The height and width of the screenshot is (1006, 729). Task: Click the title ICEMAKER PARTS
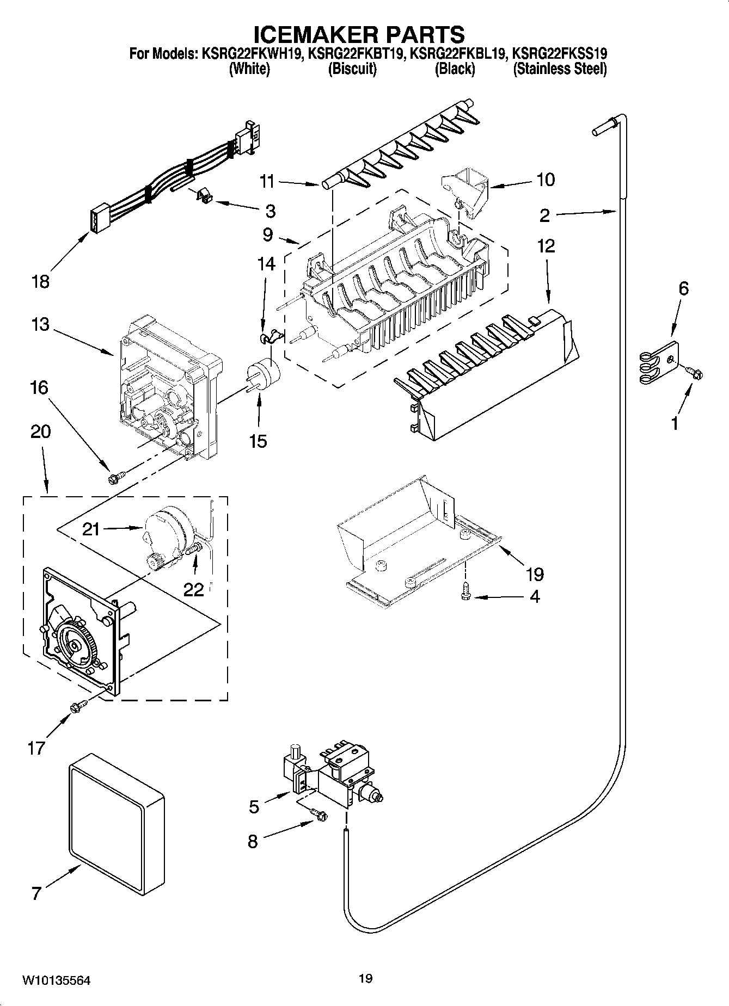point(360,35)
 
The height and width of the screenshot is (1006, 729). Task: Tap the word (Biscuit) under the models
point(352,69)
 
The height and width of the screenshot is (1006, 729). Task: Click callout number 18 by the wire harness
point(40,282)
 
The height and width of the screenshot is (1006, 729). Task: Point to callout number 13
point(40,325)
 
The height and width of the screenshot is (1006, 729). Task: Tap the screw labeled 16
point(115,477)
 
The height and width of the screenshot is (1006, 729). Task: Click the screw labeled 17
point(76,707)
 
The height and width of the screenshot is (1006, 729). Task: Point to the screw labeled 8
point(318,814)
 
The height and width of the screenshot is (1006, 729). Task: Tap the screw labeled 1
point(695,374)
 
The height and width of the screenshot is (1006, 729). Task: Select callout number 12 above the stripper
point(546,246)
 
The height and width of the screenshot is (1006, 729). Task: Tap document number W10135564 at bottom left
point(56,981)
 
